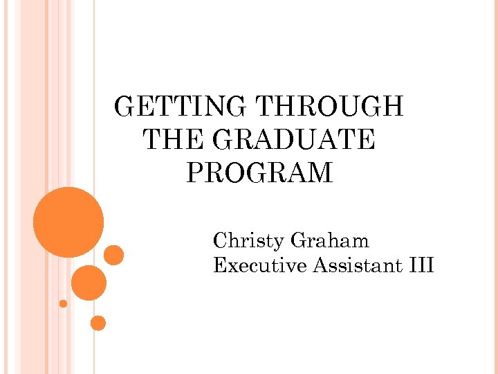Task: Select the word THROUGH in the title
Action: click(330, 107)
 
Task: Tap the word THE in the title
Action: click(173, 140)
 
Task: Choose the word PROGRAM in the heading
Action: click(259, 172)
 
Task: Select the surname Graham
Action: click(330, 241)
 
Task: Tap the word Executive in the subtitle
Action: click(260, 265)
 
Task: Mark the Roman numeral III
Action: click(421, 265)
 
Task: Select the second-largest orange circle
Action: click(89, 283)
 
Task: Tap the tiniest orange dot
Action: click(63, 303)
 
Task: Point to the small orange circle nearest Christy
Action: click(114, 256)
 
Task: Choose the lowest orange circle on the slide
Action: click(98, 323)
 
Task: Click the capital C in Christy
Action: click(221, 241)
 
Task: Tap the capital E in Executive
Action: click(220, 265)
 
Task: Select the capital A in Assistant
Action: click(321, 265)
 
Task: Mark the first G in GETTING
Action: click(124, 107)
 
